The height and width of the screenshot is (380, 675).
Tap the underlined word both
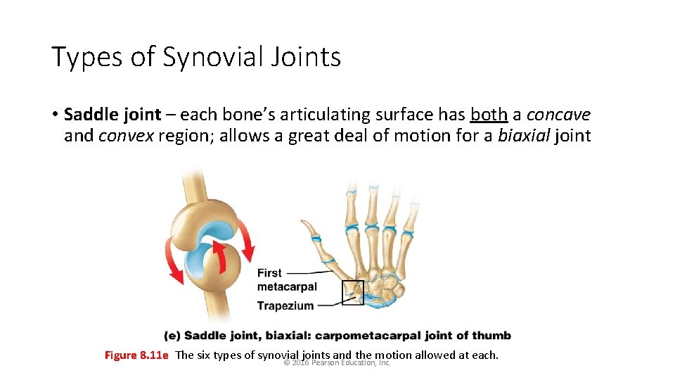click(489, 115)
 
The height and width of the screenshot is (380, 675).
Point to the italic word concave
click(558, 115)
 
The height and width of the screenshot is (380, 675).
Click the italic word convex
click(126, 135)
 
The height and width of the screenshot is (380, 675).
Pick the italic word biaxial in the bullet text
click(523, 135)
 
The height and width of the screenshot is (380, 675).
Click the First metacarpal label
click(287, 279)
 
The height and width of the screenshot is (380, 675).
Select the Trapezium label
click(285, 305)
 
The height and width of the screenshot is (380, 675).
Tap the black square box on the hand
click(352, 291)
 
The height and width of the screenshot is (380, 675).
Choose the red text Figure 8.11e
click(136, 355)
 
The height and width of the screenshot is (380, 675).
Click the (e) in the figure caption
click(172, 336)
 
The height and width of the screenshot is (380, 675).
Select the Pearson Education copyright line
click(337, 362)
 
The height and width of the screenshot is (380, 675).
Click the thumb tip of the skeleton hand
click(304, 224)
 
